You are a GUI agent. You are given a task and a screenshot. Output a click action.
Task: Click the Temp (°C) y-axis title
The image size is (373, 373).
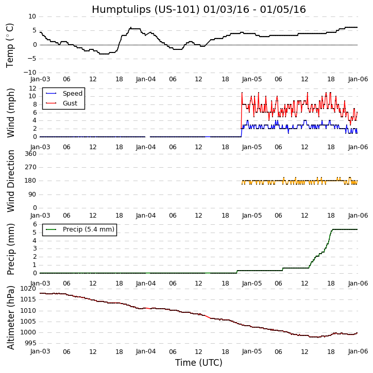(10, 45)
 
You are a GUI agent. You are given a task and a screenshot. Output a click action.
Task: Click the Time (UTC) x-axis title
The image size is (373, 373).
(198, 363)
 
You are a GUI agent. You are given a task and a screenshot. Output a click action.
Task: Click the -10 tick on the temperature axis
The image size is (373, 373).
(29, 73)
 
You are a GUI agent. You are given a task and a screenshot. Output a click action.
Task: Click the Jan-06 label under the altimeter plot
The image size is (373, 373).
(358, 351)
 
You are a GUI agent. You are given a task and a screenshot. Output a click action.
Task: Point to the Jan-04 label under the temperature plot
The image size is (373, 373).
(146, 79)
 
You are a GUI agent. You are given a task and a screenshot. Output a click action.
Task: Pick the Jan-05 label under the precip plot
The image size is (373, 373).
(252, 283)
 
